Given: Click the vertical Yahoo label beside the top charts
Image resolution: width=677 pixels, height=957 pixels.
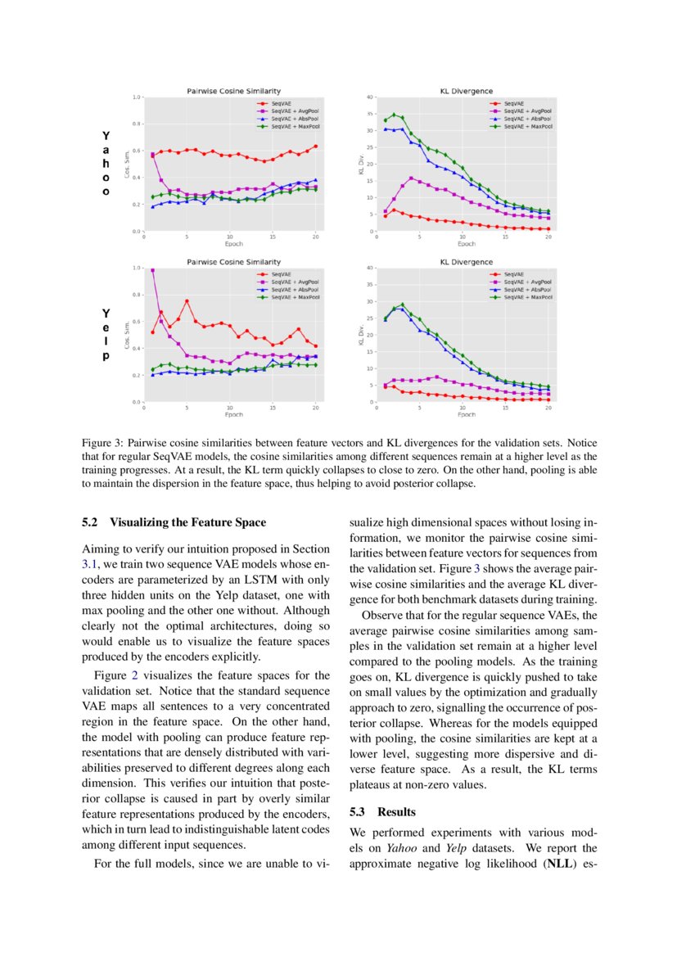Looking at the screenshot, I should click(x=106, y=163).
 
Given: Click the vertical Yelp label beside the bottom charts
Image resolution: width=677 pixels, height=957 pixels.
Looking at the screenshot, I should click(x=106, y=335).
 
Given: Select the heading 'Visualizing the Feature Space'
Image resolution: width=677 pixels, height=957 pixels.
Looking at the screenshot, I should click(x=187, y=521).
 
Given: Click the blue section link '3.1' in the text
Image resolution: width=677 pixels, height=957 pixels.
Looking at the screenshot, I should click(x=90, y=564).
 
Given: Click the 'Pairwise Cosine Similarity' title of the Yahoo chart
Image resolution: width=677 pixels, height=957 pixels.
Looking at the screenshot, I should click(x=233, y=90).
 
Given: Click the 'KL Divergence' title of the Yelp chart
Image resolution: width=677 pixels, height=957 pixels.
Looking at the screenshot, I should click(x=467, y=261).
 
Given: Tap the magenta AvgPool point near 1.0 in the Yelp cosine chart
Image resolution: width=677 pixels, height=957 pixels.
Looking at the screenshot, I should click(x=152, y=270).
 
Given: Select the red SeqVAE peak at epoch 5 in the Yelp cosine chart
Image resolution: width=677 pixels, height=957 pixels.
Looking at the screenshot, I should click(x=187, y=301).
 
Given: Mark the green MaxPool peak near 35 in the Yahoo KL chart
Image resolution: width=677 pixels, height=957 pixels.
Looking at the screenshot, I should click(x=394, y=115).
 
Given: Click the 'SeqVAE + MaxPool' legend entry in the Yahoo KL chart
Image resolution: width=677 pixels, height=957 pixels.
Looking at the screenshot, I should click(x=527, y=127).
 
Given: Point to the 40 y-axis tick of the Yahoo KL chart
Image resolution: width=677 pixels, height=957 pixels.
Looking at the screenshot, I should click(x=370, y=97).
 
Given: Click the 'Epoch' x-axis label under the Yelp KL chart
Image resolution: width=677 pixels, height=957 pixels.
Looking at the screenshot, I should click(x=467, y=414).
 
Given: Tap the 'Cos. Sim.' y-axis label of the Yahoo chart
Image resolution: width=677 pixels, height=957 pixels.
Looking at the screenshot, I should click(x=126, y=164).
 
